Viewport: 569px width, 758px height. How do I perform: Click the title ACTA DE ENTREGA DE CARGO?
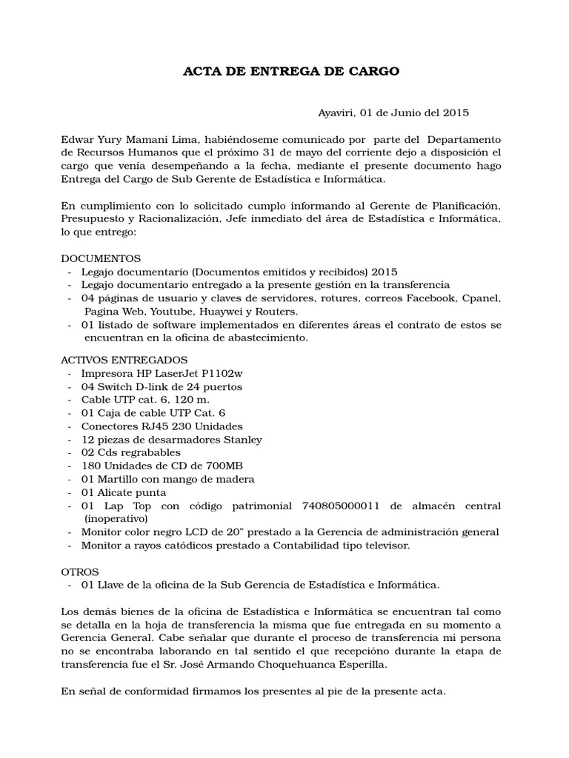pyautogui.click(x=291, y=71)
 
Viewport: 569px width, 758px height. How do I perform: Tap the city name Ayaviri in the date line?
pyautogui.click(x=336, y=113)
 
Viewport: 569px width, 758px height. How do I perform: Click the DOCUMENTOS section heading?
pyautogui.click(x=100, y=259)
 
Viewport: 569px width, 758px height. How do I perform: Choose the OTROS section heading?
pyautogui.click(x=79, y=572)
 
